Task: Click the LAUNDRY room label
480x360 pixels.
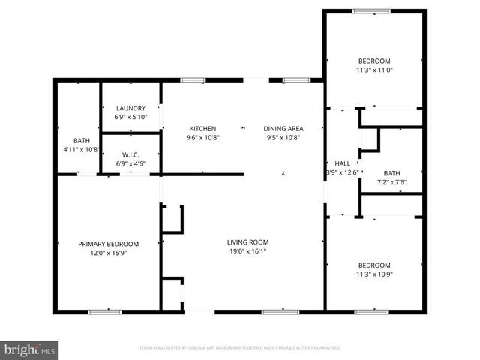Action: (130, 108)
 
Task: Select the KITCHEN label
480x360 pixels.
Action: (202, 128)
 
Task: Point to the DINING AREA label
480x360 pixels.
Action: (283, 128)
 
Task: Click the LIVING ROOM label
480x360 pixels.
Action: (247, 241)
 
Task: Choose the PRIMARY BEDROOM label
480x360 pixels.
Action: (109, 244)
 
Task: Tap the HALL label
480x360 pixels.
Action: (342, 163)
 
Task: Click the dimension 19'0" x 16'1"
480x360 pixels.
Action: (247, 251)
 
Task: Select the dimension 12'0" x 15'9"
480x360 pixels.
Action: (109, 253)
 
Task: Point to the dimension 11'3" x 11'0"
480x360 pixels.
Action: (373, 70)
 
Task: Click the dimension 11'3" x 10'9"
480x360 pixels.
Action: (373, 274)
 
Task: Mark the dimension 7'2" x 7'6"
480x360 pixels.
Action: (391, 182)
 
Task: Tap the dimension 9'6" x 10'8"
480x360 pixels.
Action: (202, 138)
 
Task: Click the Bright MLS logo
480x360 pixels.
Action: (30, 349)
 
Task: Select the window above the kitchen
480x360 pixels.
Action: (193, 79)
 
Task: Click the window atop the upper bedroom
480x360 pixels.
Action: (372, 10)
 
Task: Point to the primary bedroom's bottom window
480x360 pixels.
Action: (105, 311)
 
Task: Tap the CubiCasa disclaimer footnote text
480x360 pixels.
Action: (240, 348)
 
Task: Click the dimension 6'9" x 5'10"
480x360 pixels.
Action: (130, 118)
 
